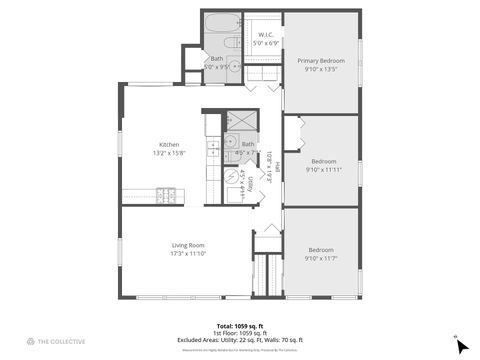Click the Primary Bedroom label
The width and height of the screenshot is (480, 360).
point(320,61)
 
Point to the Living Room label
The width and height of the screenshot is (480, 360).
point(188,245)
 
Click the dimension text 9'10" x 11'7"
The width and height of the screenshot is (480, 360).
point(320,258)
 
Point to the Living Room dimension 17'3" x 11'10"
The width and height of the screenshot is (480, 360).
point(188,254)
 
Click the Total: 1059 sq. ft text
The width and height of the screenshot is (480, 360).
point(239,326)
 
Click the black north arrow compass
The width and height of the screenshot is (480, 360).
point(460,345)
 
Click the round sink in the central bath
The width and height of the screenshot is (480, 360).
point(229,142)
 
